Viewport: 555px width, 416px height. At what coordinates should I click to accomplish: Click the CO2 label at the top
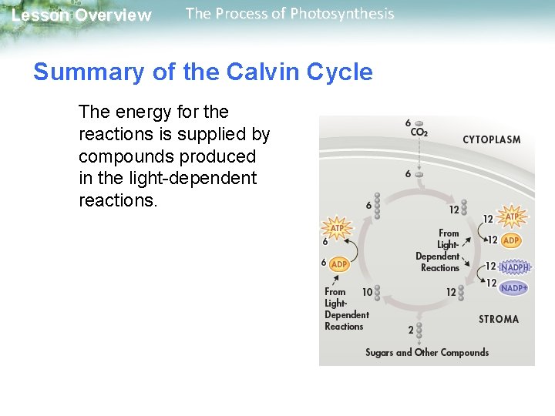click(419, 132)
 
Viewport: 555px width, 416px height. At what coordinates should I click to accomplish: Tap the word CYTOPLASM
click(491, 140)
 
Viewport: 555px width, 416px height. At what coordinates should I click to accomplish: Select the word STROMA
click(498, 319)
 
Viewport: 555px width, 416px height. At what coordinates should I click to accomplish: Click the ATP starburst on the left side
click(338, 228)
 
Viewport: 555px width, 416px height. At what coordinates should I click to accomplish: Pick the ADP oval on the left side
click(338, 263)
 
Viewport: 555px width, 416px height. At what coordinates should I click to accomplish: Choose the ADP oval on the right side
click(511, 240)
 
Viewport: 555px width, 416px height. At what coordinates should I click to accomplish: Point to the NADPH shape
click(514, 267)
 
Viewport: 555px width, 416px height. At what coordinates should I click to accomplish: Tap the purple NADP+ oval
click(513, 287)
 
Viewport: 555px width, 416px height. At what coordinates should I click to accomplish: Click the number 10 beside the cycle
click(367, 292)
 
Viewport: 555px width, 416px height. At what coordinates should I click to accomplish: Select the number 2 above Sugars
click(411, 329)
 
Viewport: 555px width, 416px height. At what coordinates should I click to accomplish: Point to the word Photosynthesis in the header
click(343, 14)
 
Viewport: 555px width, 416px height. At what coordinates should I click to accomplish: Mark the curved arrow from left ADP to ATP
click(352, 247)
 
